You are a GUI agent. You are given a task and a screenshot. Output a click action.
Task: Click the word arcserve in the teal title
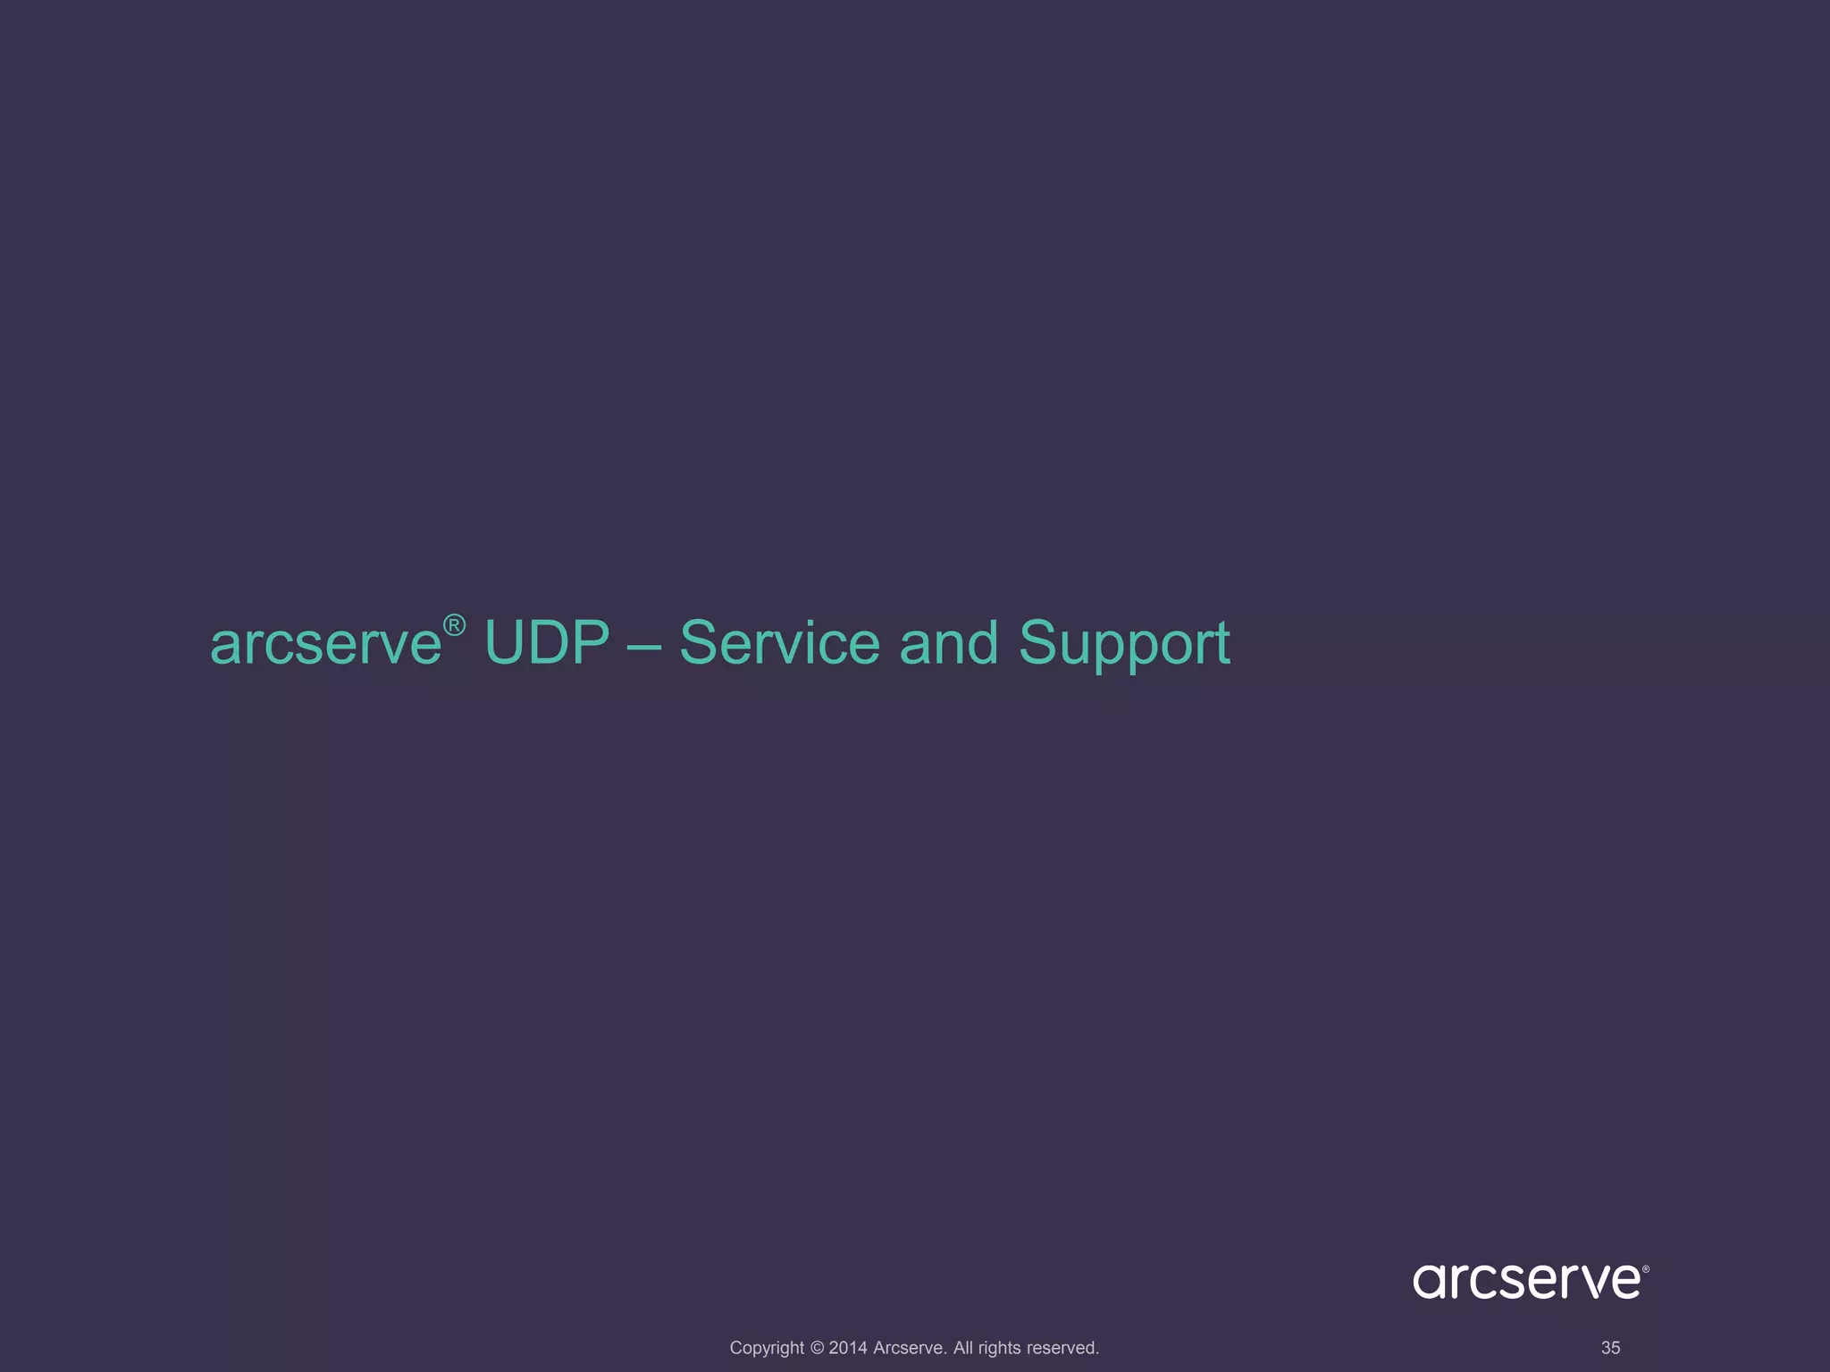pos(326,645)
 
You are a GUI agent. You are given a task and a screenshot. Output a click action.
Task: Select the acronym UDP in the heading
pos(547,643)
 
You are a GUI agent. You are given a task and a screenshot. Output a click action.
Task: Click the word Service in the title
pos(779,643)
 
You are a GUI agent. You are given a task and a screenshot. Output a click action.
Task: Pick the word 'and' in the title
pos(948,643)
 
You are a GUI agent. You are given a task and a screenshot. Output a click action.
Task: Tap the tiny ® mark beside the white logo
pos(1646,1268)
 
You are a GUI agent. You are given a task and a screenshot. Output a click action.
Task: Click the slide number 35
pos(1610,1348)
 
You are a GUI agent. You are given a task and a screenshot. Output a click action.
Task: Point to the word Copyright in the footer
pos(767,1348)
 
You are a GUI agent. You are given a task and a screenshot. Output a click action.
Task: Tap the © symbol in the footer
pos(817,1348)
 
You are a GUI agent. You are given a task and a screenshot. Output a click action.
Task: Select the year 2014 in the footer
pos(848,1348)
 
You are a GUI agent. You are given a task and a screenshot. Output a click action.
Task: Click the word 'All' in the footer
pos(963,1348)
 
